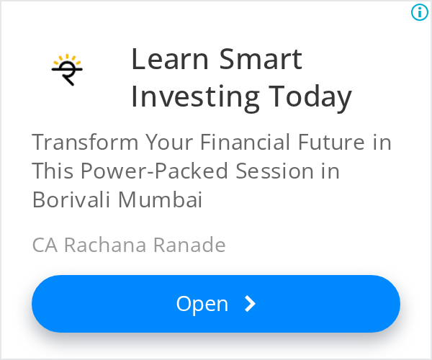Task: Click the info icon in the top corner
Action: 420,12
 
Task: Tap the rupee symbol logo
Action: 67,70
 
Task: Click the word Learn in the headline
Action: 170,59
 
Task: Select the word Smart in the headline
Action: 261,59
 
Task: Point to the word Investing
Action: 195,97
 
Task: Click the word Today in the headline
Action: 310,97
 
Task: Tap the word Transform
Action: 85,142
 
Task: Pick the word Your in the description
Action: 169,142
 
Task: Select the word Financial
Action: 245,142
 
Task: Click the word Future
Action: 332,142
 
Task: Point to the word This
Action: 53,171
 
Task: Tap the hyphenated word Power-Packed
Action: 154,171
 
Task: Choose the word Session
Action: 275,171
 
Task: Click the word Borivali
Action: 71,199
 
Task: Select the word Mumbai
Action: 160,199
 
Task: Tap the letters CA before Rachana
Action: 45,245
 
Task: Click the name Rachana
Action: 105,245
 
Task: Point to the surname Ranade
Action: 189,245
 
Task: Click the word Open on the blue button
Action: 202,305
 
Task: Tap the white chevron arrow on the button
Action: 251,304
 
